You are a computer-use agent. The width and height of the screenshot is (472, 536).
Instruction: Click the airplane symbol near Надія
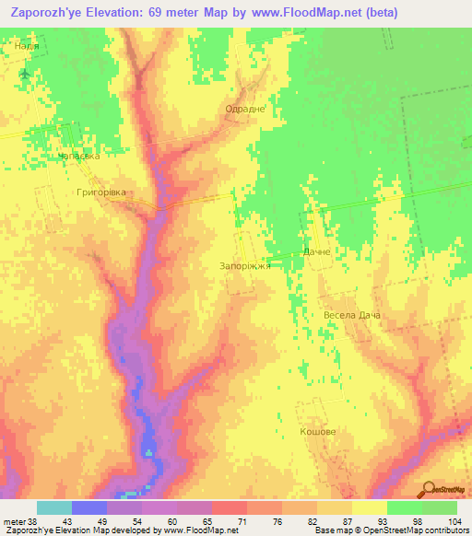(24, 73)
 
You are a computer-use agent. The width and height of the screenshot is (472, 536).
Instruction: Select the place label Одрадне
(245, 109)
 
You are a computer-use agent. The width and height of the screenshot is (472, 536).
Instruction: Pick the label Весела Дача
(352, 315)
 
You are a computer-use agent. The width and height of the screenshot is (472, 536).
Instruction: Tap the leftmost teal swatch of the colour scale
(53, 507)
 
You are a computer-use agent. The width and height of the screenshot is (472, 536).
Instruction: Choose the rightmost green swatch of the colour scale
(440, 507)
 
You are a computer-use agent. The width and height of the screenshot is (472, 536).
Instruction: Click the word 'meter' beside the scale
(14, 522)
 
